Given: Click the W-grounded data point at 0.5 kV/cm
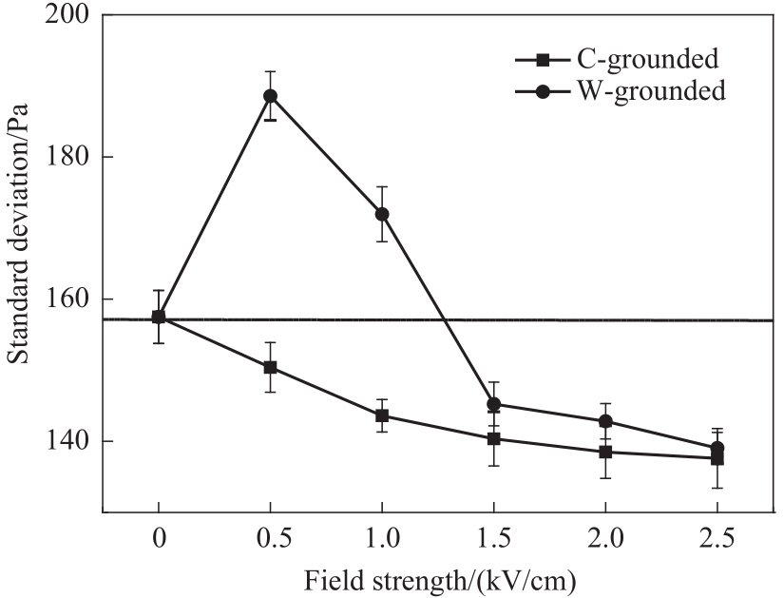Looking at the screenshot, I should [x=270, y=95].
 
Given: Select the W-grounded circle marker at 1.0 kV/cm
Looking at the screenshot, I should [x=382, y=214].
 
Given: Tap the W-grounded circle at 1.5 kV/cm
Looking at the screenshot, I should [x=493, y=404].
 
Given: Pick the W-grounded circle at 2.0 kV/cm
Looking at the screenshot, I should [x=605, y=421].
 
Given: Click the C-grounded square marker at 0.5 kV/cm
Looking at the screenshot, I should [x=270, y=367].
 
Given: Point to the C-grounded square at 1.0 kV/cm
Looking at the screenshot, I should [x=382, y=415].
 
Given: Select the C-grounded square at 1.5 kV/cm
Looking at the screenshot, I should [x=493, y=438].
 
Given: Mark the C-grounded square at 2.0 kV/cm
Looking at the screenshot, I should [x=605, y=452].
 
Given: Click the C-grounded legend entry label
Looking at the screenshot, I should [x=647, y=60].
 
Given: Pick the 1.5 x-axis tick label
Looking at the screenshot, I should [x=493, y=540].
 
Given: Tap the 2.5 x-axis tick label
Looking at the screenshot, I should [x=717, y=540].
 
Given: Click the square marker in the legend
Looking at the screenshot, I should [x=542, y=60].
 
